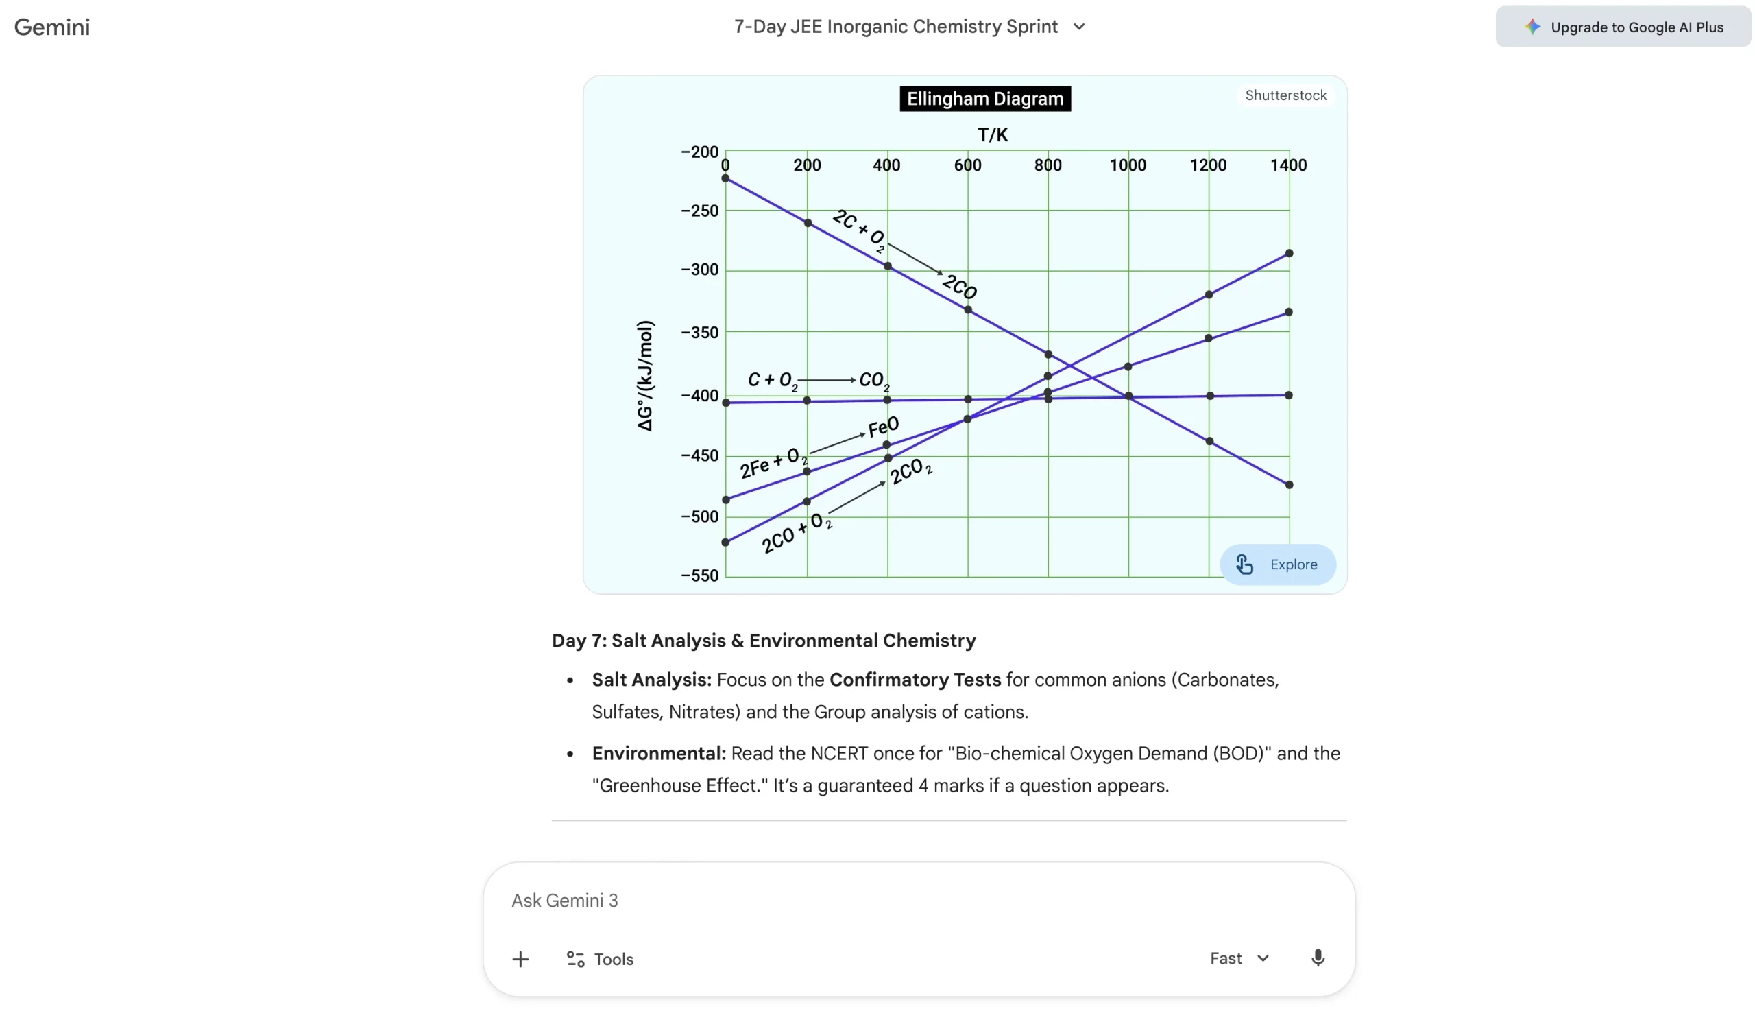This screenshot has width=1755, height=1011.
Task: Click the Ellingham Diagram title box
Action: click(x=984, y=99)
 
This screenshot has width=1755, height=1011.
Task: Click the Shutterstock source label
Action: click(x=1285, y=95)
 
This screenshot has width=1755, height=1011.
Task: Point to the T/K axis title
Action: click(x=992, y=134)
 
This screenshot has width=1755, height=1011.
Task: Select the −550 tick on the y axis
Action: click(x=699, y=575)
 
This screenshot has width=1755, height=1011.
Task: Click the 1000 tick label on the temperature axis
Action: click(x=1127, y=165)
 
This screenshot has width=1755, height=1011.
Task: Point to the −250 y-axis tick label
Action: click(x=699, y=211)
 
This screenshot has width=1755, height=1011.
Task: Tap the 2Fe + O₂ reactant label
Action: click(x=773, y=463)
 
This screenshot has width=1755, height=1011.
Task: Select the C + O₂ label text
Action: click(x=771, y=380)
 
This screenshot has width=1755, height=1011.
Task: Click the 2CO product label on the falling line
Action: click(x=959, y=286)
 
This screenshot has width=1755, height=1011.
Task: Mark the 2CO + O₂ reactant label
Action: click(x=795, y=532)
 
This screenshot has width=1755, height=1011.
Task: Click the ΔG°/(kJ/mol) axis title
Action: click(x=644, y=376)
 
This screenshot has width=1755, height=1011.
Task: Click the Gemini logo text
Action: click(x=52, y=27)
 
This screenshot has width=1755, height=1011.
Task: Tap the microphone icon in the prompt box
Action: click(x=1316, y=958)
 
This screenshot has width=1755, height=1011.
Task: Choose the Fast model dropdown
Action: click(x=1238, y=958)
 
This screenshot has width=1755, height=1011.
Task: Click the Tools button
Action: click(x=600, y=959)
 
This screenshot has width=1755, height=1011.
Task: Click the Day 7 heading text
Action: click(x=762, y=640)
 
